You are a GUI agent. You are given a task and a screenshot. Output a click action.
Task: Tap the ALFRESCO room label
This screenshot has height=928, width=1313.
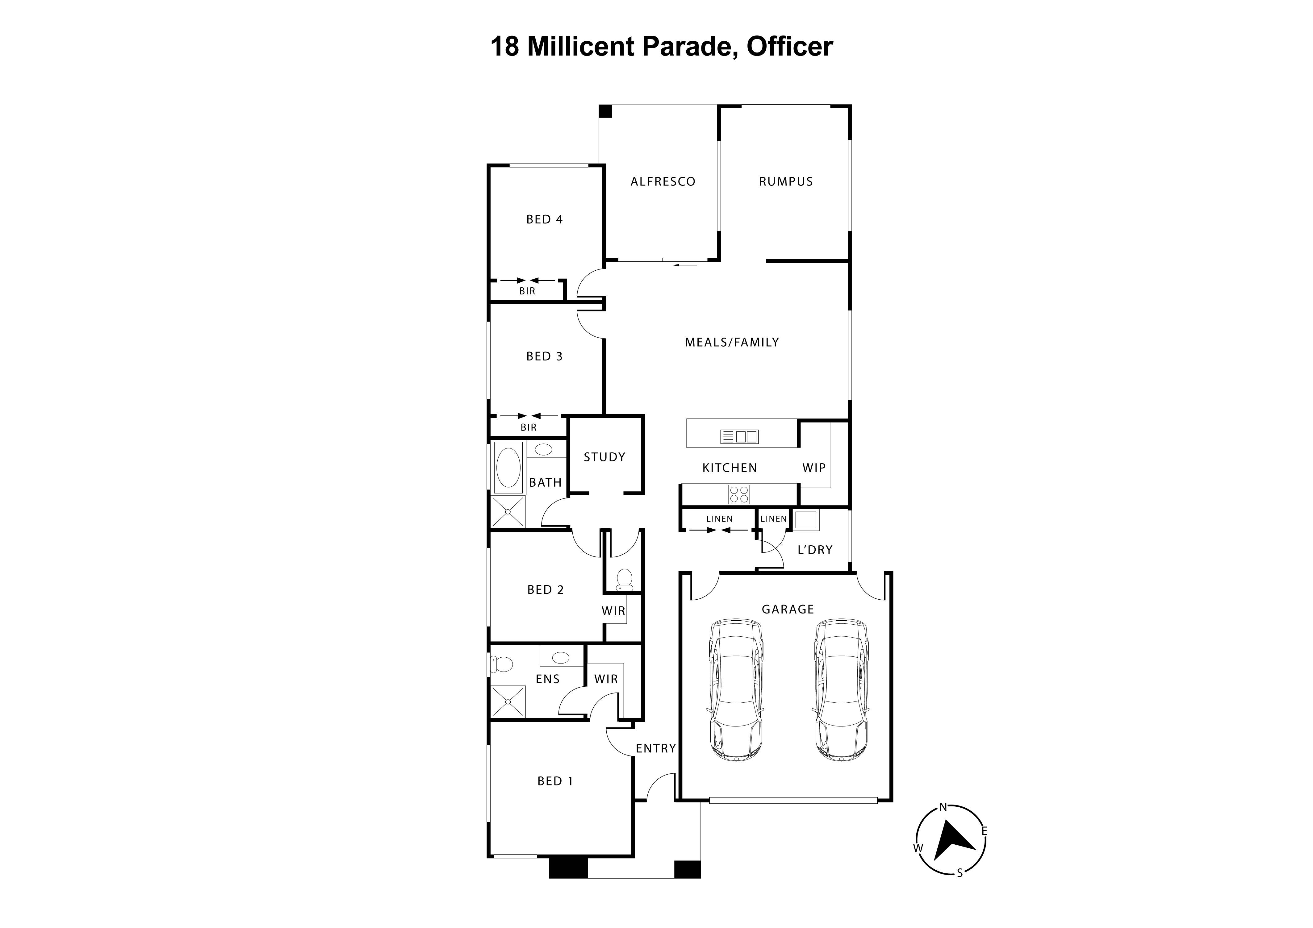pos(663,182)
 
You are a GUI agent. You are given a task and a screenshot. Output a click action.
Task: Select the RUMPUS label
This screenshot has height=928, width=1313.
pos(786,182)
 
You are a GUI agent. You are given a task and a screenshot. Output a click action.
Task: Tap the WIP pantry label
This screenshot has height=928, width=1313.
pos(814,468)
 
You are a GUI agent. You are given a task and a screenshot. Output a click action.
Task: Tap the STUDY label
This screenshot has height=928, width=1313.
pos(604,457)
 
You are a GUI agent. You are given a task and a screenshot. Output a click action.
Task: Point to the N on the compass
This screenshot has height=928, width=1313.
pos(943,807)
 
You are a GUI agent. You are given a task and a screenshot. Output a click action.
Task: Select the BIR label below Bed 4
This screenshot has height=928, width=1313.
pos(527,291)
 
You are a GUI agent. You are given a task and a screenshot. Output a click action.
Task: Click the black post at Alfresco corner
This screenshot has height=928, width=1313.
pos(605,111)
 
